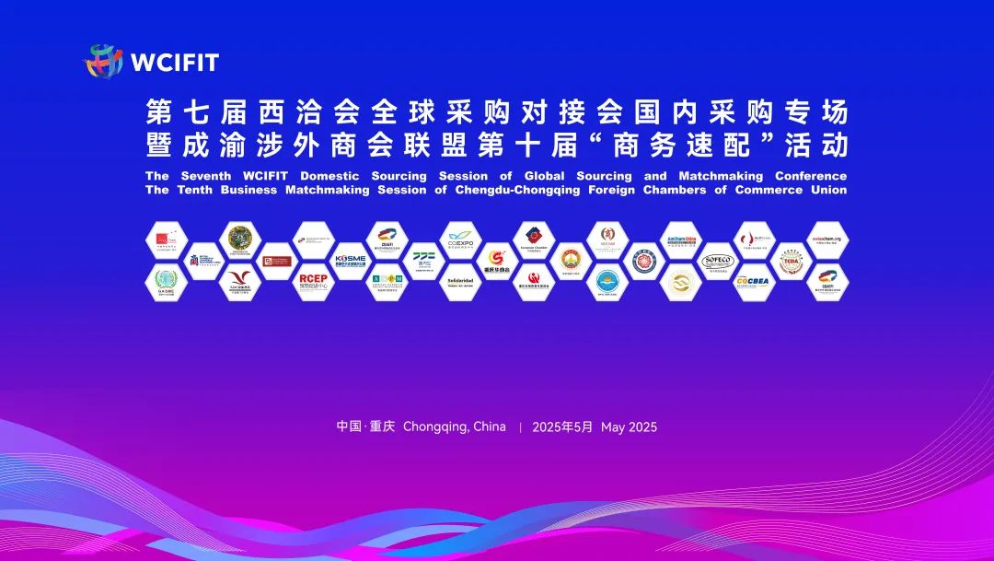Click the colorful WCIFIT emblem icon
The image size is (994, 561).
tap(104, 62)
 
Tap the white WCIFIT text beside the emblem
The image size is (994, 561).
tap(175, 63)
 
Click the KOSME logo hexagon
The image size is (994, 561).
tap(350, 260)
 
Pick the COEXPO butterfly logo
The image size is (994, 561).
tap(460, 240)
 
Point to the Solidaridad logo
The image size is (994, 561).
tap(460, 281)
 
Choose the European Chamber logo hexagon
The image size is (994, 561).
tap(534, 240)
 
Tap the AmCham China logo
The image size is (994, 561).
tap(681, 240)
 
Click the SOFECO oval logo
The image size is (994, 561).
tap(717, 261)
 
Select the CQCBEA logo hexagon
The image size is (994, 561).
tap(754, 281)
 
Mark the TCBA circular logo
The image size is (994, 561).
tap(791, 261)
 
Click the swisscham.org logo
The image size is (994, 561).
tap(827, 240)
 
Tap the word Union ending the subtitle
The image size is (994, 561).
tap(826, 191)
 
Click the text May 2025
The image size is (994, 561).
tap(629, 427)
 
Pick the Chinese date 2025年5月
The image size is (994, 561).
tap(562, 427)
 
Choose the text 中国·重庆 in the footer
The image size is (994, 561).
tap(365, 427)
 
